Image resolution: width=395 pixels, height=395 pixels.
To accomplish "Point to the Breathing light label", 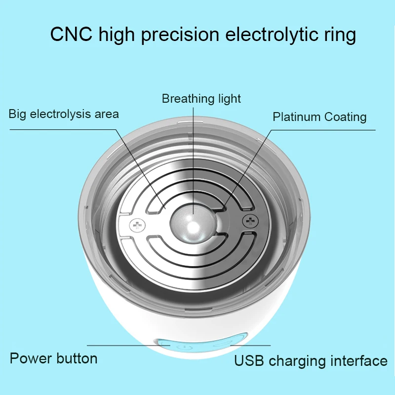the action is click(201, 99).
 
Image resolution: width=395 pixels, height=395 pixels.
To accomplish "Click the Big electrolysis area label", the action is click(64, 114).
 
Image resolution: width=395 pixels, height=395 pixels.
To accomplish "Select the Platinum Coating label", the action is click(319, 117).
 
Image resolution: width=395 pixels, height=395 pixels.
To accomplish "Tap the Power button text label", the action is click(53, 358).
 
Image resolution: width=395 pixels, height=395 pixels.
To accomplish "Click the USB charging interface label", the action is click(311, 361).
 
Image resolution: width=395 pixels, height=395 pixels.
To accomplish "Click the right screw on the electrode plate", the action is click(250, 221).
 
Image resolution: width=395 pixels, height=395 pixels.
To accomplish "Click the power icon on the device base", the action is click(184, 347).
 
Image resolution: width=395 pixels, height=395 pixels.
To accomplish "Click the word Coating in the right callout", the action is click(345, 117).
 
